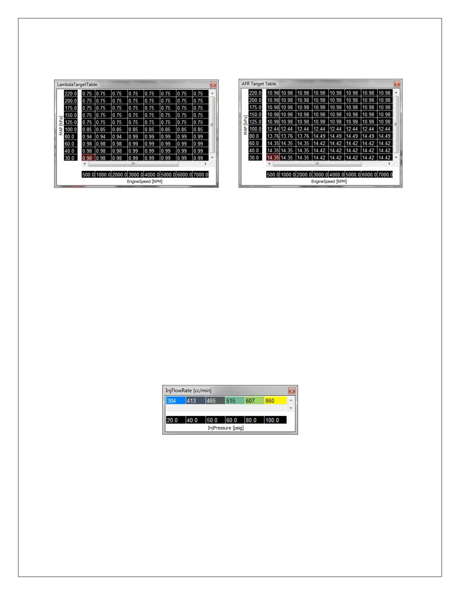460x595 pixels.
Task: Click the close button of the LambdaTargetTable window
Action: (213, 85)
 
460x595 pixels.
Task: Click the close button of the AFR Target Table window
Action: (397, 84)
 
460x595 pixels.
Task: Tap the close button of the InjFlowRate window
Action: (292, 391)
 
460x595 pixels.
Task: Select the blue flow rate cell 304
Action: (176, 401)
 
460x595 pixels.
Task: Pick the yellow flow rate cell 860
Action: (275, 401)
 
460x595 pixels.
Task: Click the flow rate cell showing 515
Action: (235, 401)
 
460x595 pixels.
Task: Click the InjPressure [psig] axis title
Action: (225, 428)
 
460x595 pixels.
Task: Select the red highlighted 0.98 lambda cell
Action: (88, 158)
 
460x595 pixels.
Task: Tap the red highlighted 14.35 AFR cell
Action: (273, 158)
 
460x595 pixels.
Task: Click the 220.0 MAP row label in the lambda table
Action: (71, 94)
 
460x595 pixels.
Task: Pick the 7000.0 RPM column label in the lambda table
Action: (201, 175)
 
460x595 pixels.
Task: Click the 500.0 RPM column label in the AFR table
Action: (273, 175)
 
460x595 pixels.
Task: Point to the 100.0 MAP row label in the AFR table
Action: (255, 129)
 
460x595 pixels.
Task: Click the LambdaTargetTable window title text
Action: (77, 85)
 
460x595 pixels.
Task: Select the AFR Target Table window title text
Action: (259, 84)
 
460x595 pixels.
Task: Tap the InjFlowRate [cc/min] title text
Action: (188, 391)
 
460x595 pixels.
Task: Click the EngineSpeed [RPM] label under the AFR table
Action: (329, 181)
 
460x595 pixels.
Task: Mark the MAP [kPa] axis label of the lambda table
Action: (61, 126)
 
